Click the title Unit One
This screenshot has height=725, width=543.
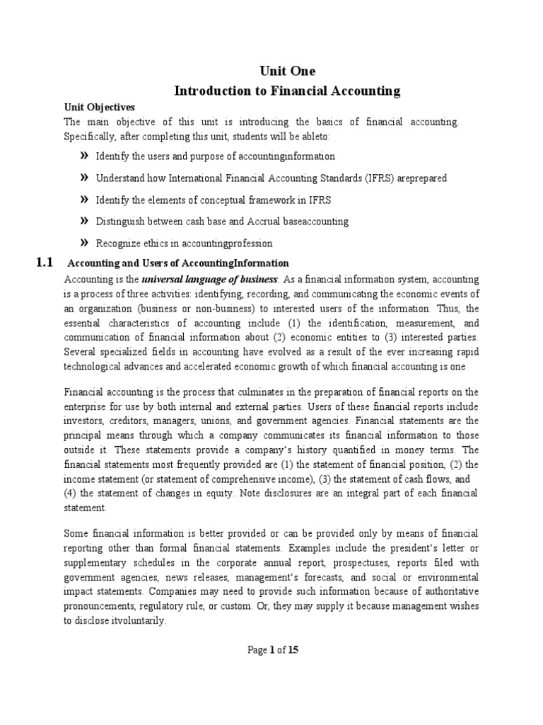[287, 72]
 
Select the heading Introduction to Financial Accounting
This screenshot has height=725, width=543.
[287, 91]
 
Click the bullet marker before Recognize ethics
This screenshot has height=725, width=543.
[84, 243]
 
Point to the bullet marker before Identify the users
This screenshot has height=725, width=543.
[84, 155]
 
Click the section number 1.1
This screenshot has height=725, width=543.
[44, 263]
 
